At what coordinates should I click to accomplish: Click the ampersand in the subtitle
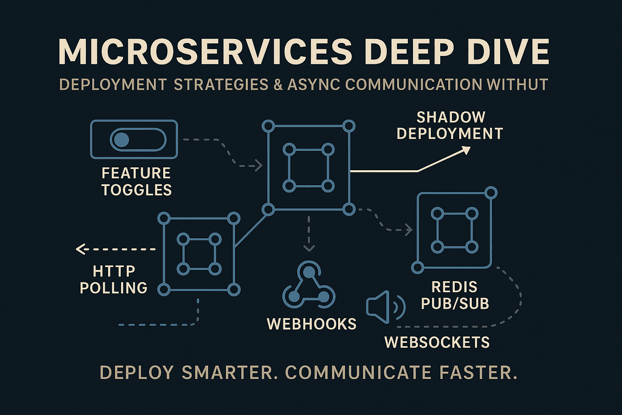[x=278, y=85]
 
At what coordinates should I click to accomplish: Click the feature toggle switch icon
[x=134, y=139]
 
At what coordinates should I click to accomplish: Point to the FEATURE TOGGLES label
[x=136, y=182]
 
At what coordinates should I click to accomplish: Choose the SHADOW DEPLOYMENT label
[x=450, y=125]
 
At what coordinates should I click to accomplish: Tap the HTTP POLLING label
[x=114, y=279]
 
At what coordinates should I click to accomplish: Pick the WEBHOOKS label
[x=311, y=324]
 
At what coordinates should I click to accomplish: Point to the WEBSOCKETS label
[x=437, y=342]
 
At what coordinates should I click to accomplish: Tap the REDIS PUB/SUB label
[x=455, y=295]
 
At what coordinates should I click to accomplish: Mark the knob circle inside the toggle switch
[x=121, y=140]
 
